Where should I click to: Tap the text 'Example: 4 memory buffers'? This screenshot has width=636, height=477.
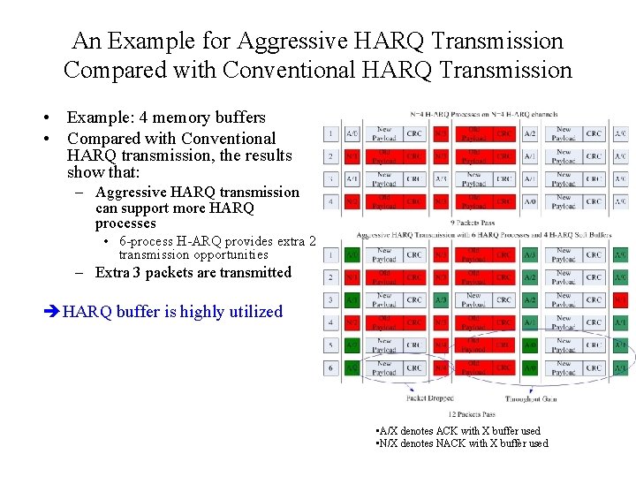click(x=166, y=117)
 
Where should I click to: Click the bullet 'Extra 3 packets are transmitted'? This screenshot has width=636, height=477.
click(x=193, y=273)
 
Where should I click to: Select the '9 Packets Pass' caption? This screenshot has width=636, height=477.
click(x=472, y=223)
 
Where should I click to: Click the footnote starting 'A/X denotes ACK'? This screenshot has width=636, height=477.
click(x=458, y=431)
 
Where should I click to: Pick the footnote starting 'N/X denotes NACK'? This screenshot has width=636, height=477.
click(x=461, y=443)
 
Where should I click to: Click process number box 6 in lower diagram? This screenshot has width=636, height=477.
click(x=330, y=368)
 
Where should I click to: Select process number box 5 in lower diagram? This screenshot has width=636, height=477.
click(x=330, y=345)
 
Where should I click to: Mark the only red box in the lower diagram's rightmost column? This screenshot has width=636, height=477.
click(x=620, y=300)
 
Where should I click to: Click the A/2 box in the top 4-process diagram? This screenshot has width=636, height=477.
click(x=530, y=133)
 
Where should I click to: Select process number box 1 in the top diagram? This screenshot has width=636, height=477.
click(x=330, y=133)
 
